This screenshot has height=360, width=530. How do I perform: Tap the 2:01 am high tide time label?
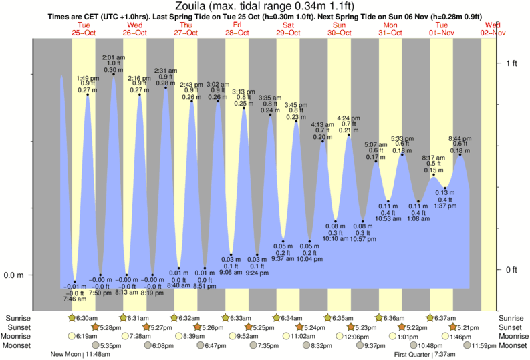[x=113, y=57]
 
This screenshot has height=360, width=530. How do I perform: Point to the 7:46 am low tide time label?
[x=74, y=299]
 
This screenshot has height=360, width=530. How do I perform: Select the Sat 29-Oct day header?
[x=289, y=29]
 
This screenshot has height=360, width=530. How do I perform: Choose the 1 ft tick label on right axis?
[x=511, y=63]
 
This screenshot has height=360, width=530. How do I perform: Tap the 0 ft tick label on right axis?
[x=511, y=270]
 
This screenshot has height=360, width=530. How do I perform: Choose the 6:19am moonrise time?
[x=88, y=337]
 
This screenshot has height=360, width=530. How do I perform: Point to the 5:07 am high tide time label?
[x=376, y=144]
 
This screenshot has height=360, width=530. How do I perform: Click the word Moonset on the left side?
[x=17, y=346]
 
